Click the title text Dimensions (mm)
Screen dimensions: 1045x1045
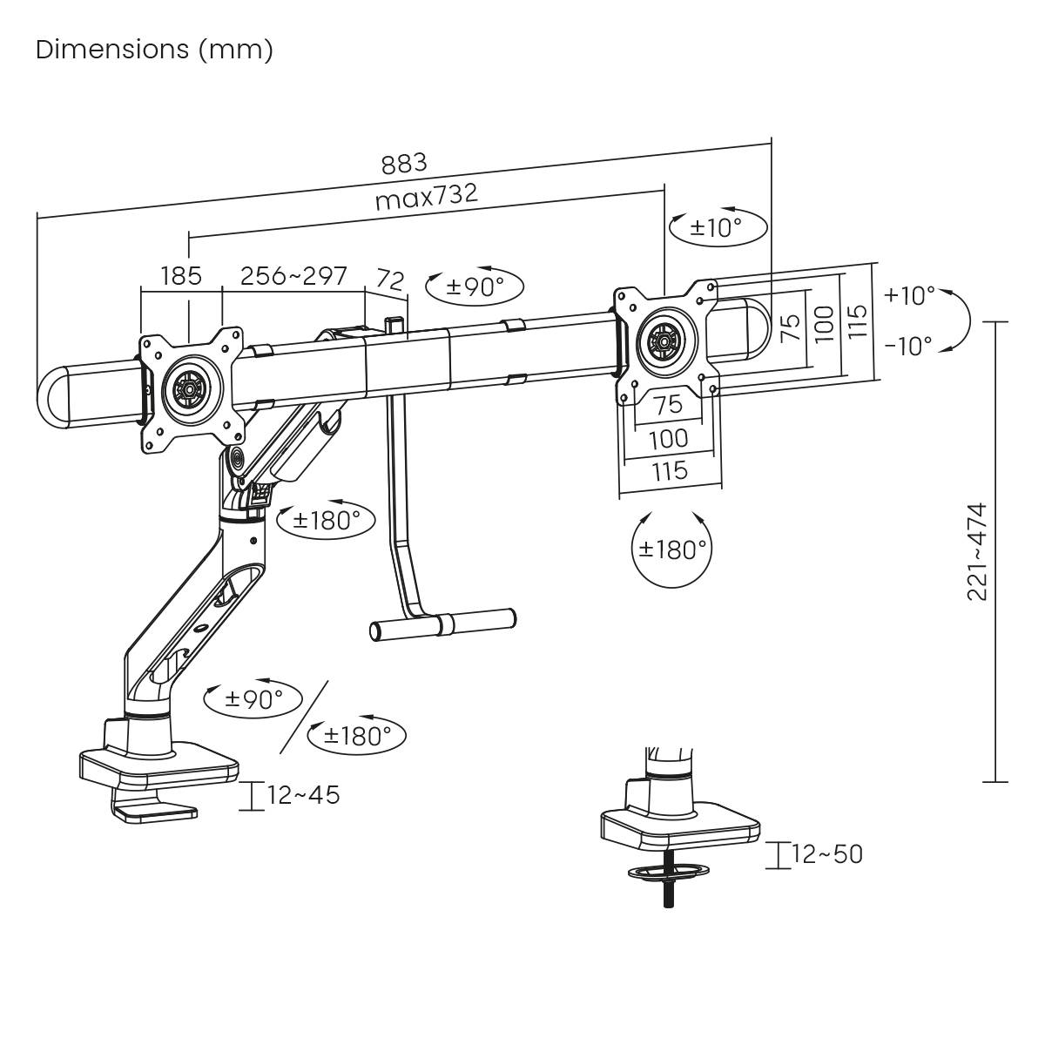pos(154,50)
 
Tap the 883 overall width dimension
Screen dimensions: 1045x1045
pos(404,163)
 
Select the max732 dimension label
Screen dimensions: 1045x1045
pos(427,197)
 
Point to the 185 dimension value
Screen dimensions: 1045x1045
pos(181,276)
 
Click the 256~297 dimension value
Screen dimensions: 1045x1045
pos(293,276)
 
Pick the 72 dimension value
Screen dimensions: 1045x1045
pos(390,280)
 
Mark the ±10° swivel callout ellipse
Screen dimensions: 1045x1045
pos(718,228)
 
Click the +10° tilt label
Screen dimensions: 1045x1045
pos(909,295)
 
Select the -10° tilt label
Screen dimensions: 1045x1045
pos(908,346)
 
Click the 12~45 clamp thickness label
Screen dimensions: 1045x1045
pos(303,795)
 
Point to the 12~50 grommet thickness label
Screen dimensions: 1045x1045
pos(827,854)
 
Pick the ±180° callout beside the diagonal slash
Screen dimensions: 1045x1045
pos(358,736)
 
